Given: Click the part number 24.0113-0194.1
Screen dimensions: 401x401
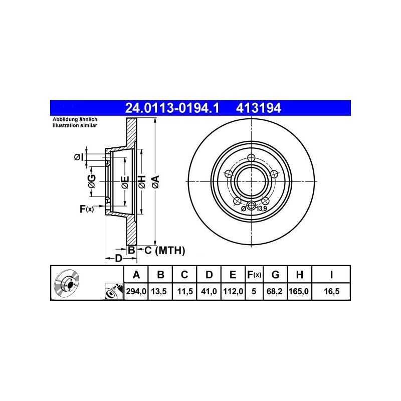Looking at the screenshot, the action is (x=172, y=108).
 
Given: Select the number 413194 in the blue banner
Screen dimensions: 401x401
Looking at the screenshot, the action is (x=258, y=108).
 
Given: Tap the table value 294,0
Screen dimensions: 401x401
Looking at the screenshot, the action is (x=136, y=291).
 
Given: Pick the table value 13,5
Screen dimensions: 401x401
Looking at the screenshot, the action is (x=159, y=291).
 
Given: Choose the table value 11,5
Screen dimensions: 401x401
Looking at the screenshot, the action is (x=185, y=291).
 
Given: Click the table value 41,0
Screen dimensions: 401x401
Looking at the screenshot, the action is (x=209, y=291).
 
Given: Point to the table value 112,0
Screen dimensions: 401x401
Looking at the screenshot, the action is (x=233, y=291).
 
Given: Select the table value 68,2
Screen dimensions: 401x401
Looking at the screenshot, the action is (x=274, y=291).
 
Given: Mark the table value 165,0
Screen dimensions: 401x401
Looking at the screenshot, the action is (x=299, y=291).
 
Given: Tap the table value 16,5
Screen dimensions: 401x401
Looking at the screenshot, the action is (x=331, y=291).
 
